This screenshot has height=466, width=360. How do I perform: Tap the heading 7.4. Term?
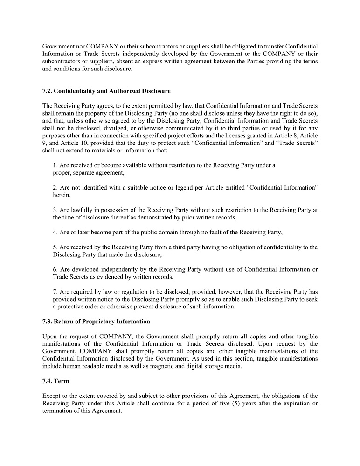tap(55, 381)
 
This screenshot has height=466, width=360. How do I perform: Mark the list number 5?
tap(55, 247)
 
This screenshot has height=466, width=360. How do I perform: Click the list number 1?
tap(55, 165)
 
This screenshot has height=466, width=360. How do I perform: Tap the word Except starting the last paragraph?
tap(52, 396)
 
